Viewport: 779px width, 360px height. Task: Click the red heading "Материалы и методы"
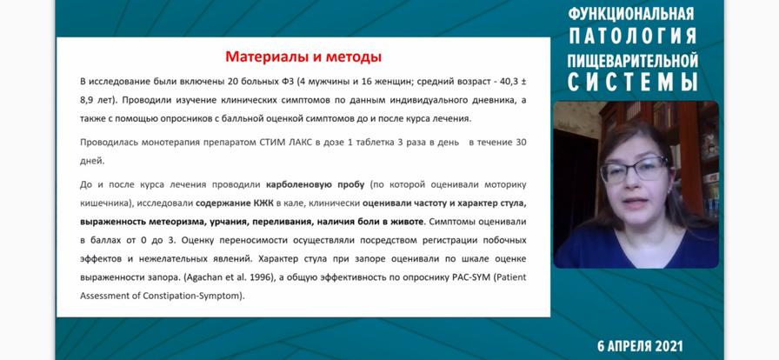tap(303, 57)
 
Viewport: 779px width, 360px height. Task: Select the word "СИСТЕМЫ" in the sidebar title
tap(633, 82)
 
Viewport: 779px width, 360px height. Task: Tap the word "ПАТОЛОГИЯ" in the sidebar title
tap(633, 36)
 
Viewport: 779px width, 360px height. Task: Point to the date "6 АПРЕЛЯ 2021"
tap(641, 346)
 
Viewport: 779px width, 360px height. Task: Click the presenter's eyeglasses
tap(635, 170)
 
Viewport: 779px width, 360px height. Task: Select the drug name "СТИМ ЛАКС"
tap(281, 143)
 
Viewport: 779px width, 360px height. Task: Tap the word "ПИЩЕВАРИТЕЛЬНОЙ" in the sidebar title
tap(633, 60)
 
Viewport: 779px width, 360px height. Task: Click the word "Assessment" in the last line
tap(103, 296)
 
